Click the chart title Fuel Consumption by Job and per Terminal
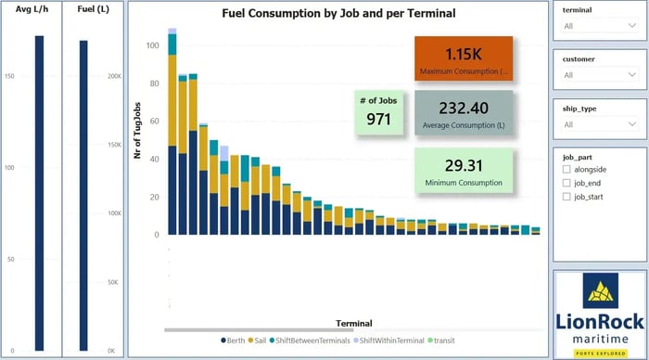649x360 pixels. pyautogui.click(x=338, y=14)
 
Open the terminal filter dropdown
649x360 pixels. pyautogui.click(x=600, y=26)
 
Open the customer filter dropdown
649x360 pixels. pyautogui.click(x=600, y=75)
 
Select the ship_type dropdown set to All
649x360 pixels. pyautogui.click(x=600, y=124)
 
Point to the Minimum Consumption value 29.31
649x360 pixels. pyautogui.click(x=463, y=164)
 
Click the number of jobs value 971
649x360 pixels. pyautogui.click(x=378, y=119)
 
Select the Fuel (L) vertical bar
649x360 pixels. pyautogui.click(x=83, y=195)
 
